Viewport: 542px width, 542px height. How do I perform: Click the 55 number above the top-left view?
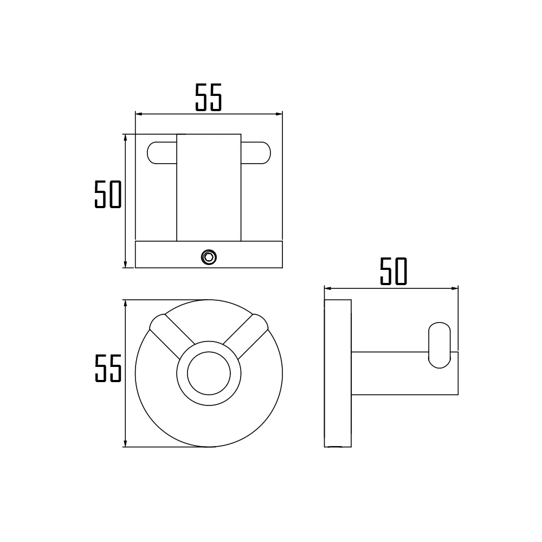(209, 98)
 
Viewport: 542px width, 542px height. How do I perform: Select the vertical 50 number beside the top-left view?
(107, 195)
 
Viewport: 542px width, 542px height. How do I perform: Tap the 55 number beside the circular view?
(108, 369)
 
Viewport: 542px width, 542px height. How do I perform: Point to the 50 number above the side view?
(393, 272)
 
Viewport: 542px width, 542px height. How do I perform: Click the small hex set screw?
(208, 256)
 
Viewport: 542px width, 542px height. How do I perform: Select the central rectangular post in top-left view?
(209, 187)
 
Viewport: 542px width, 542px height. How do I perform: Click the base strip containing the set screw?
(163, 255)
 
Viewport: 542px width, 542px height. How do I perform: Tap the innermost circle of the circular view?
(209, 373)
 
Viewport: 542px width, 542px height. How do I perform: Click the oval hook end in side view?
(440, 345)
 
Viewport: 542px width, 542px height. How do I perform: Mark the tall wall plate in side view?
(337, 373)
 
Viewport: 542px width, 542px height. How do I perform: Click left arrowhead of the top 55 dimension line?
(138, 114)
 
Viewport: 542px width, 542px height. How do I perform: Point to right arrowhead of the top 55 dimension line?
(279, 114)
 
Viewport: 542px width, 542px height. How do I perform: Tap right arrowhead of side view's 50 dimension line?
(455, 288)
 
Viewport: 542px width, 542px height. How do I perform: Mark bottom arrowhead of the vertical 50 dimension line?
(125, 264)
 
